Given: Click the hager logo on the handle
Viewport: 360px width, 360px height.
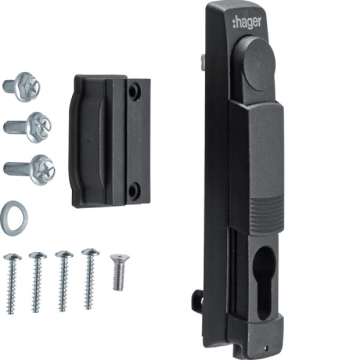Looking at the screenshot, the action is point(247,23).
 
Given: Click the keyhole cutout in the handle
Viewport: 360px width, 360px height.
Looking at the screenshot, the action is point(264,283).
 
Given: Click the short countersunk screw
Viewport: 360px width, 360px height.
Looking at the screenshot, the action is point(119,272).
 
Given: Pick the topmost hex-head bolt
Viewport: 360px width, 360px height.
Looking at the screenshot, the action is point(21,87).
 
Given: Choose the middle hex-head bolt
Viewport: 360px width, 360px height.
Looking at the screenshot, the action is point(28,127).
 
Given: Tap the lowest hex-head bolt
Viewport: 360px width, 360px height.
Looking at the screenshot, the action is point(29,169).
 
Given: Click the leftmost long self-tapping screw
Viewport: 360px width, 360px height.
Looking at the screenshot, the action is point(12,284).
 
